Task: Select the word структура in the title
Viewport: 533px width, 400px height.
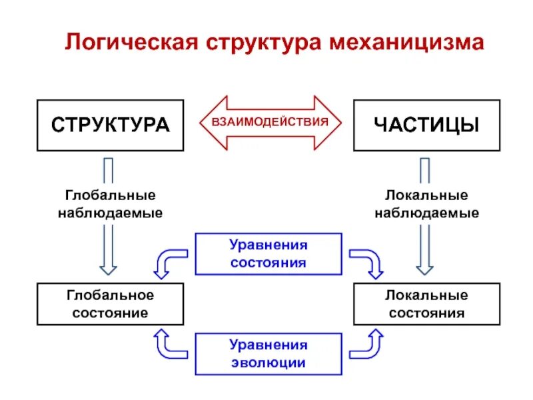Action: point(265,43)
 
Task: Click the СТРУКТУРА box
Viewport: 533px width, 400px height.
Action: point(110,125)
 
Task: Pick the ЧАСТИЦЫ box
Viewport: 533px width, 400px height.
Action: point(426,125)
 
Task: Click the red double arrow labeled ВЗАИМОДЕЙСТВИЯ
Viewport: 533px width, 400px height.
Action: point(270,122)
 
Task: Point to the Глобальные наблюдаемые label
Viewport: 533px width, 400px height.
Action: point(110,204)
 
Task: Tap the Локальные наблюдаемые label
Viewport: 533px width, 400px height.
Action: point(426,204)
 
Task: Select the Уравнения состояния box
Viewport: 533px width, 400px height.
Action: point(268,253)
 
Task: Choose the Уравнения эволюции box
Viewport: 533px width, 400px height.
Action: point(268,353)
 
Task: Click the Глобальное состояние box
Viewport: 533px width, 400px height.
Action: point(110,304)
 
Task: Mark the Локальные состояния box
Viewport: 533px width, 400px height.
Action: point(426,304)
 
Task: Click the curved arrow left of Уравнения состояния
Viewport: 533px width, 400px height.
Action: point(169,262)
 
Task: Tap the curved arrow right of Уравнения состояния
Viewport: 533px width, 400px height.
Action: point(368,262)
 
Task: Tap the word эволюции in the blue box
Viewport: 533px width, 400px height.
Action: point(268,363)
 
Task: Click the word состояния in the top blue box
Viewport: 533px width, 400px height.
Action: point(268,263)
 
